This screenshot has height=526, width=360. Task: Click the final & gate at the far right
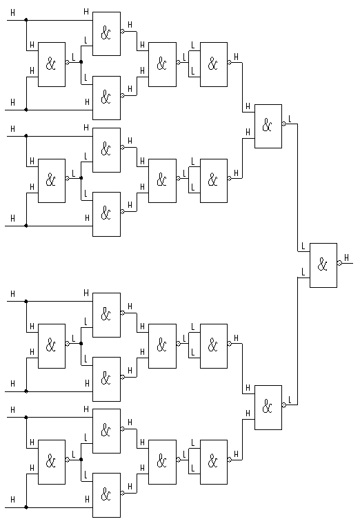click(323, 265)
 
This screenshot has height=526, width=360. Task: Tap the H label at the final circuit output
click(347, 257)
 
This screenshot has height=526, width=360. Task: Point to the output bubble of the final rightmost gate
click(339, 263)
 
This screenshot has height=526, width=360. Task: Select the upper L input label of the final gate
click(303, 246)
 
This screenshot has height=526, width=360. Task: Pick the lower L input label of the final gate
click(303, 272)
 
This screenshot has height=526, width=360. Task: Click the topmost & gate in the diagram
click(106, 34)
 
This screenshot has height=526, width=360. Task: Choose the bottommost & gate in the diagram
click(106, 495)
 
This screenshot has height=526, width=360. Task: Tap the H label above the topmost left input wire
click(12, 12)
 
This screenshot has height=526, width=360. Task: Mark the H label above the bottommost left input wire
click(12, 500)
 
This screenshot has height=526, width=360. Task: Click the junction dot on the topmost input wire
click(26, 20)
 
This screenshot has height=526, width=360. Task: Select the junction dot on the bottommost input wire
click(26, 507)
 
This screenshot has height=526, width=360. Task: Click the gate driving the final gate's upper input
click(268, 126)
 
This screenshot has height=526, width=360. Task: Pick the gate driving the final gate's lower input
click(268, 407)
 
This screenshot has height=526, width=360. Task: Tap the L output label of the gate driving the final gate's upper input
click(290, 119)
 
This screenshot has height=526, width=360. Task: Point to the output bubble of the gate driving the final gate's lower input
click(284, 405)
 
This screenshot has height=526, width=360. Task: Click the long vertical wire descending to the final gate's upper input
click(298, 188)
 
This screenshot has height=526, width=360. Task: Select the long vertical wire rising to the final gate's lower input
click(298, 341)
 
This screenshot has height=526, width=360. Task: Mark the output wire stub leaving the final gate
click(348, 263)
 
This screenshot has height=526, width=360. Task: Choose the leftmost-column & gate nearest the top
click(52, 64)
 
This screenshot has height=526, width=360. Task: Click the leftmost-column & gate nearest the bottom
click(52, 462)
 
